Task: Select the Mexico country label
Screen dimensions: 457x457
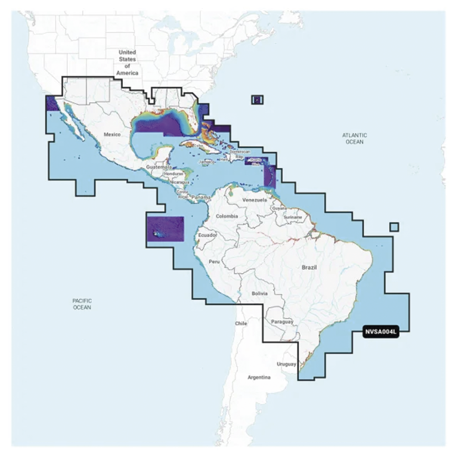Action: [x=112, y=135]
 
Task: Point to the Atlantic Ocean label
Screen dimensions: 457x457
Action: [x=355, y=138]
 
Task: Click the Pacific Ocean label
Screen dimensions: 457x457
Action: [x=82, y=304]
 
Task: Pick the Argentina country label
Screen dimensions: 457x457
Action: [x=259, y=377]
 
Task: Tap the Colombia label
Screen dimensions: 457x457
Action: [x=227, y=216]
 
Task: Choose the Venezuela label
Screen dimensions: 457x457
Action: [x=255, y=201]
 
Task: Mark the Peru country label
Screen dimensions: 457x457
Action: [x=214, y=262]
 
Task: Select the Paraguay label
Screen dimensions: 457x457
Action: [x=282, y=322]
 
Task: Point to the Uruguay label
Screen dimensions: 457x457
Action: [x=287, y=364]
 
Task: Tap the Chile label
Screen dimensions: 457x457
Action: [x=241, y=324]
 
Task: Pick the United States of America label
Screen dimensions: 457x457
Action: [x=127, y=63]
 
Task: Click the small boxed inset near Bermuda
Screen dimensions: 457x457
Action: [x=257, y=100]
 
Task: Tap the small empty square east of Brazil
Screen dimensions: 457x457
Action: [x=394, y=227]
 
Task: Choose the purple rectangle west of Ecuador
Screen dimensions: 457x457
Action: [x=165, y=228]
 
